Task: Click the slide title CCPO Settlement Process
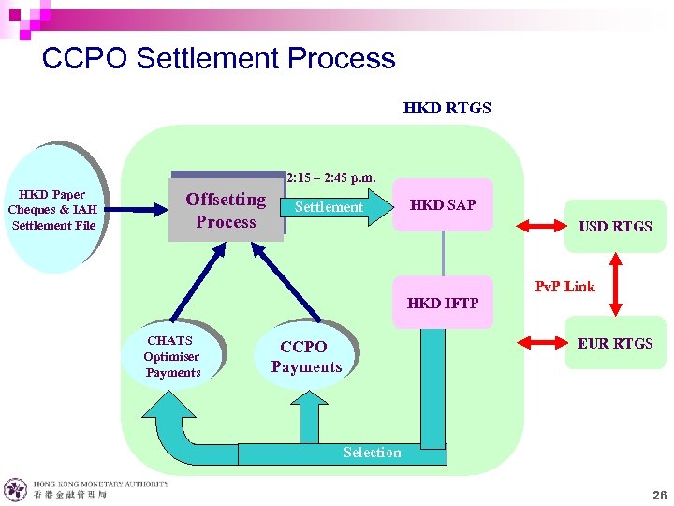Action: [x=218, y=58]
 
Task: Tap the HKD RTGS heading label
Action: [x=447, y=108]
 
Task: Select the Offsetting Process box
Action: [x=226, y=210]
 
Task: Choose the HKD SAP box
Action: [x=442, y=204]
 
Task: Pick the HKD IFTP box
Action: [x=442, y=303]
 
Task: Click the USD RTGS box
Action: [x=615, y=226]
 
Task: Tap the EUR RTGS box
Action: [x=615, y=344]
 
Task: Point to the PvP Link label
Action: [x=564, y=287]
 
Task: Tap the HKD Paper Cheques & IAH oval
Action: [x=54, y=210]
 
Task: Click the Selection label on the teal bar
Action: [x=372, y=453]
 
